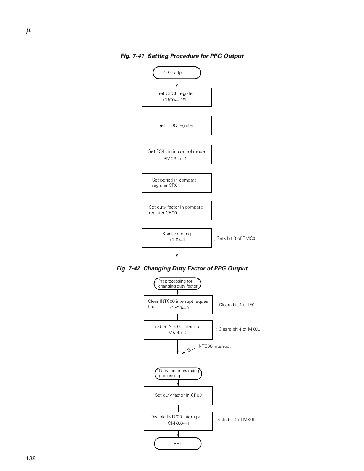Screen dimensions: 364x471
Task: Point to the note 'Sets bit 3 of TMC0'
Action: [235, 238]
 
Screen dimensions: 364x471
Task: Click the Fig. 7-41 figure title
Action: [182, 56]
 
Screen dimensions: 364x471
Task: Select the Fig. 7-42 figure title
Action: [182, 268]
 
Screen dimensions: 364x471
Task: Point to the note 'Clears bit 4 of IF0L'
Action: [237, 305]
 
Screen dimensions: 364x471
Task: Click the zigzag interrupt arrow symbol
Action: [188, 350]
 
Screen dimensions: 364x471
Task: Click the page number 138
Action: [31, 458]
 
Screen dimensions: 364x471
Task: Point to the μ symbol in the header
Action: [28, 31]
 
